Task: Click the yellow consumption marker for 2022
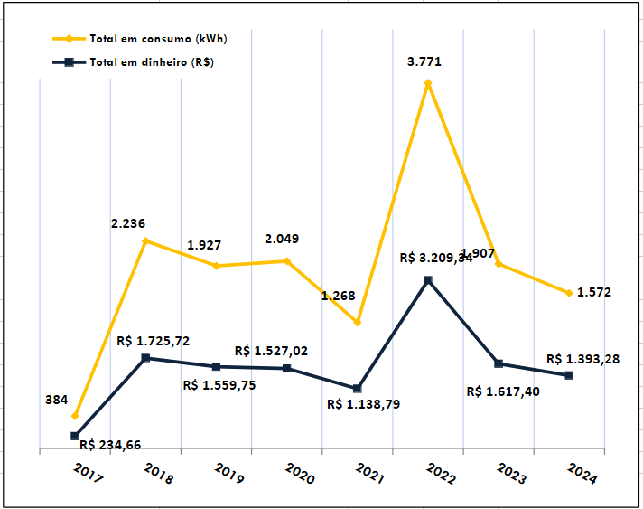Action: point(427,83)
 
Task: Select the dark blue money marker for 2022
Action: point(427,280)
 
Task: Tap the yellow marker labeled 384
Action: point(75,416)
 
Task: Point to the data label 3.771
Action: point(424,62)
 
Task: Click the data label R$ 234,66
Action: point(110,444)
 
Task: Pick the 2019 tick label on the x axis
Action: point(228,476)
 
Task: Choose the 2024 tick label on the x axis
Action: point(582,476)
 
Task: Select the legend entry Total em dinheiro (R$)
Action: point(151,62)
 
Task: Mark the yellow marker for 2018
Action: point(145,241)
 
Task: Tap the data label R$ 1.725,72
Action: point(154,341)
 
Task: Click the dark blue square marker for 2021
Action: point(357,389)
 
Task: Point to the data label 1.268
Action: point(338,296)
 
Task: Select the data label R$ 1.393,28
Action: point(582,359)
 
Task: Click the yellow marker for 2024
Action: point(569,293)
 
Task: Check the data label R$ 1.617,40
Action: point(504,391)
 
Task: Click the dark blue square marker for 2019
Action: point(216,366)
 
